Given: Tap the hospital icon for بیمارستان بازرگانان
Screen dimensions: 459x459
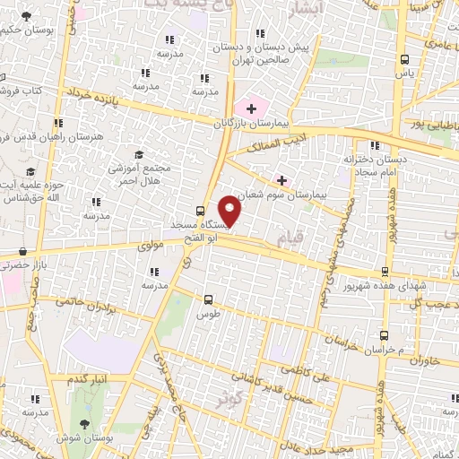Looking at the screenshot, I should coord(252,108).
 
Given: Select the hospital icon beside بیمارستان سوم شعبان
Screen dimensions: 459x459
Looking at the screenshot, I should coord(282,179).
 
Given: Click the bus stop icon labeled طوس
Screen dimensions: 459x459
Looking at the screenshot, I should coord(208,300).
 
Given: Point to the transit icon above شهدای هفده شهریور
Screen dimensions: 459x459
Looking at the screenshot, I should coord(383,270).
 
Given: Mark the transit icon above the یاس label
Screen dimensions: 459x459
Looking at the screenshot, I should coord(403,61).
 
